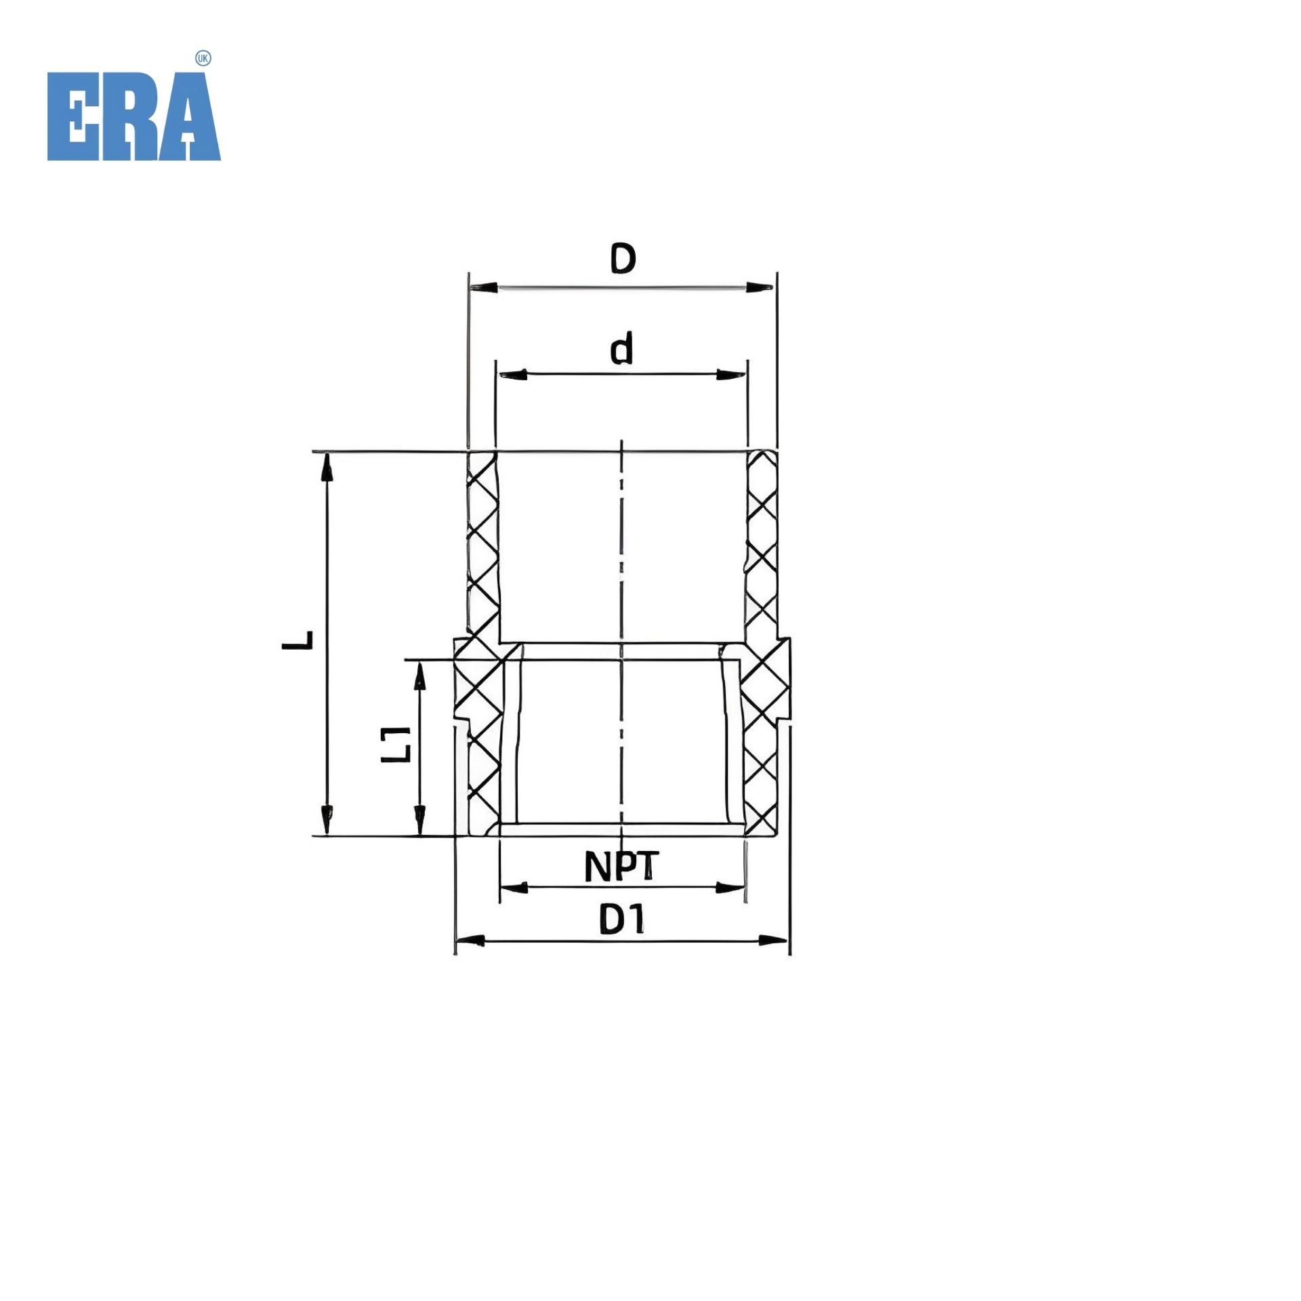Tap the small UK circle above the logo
click(203, 59)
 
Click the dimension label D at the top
click(623, 258)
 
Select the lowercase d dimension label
click(622, 348)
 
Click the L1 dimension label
click(396, 744)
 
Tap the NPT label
click(621, 866)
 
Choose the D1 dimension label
click(623, 920)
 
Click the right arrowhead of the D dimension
click(760, 288)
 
